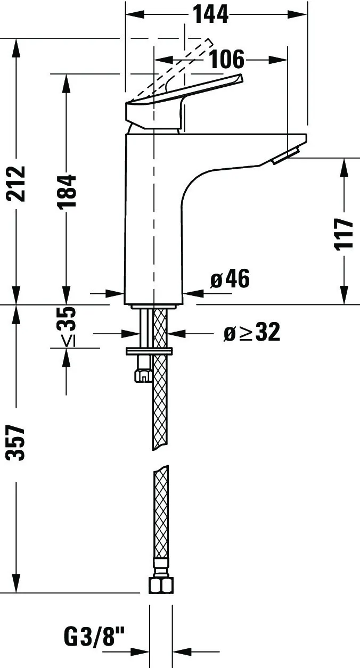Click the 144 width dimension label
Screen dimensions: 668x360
pos(210,14)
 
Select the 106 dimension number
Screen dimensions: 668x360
pos(226,59)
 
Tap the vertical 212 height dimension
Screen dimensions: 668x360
pos(16,184)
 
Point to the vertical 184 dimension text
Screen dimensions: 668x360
pos(68,191)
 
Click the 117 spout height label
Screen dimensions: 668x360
pos(345,233)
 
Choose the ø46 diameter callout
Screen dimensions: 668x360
pos(230,279)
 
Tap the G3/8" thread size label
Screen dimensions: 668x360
pos(94,636)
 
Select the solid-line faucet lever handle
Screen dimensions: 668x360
pos(181,101)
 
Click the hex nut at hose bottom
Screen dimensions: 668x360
pos(160,585)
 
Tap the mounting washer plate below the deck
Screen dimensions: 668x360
pos(149,351)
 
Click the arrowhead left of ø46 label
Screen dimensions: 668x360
pos(192,293)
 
